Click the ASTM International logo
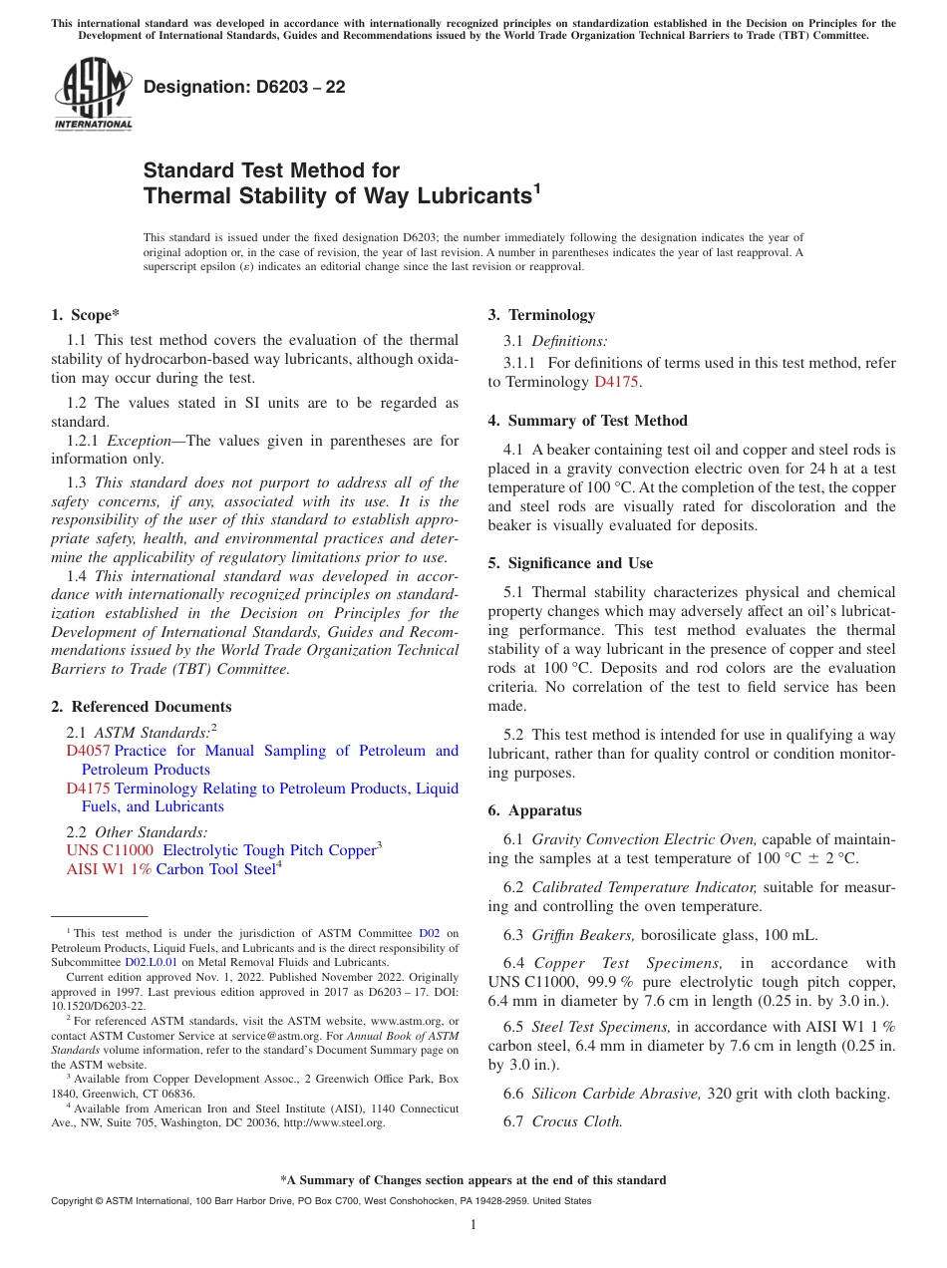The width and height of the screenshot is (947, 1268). [93, 94]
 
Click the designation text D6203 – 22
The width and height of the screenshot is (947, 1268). [244, 87]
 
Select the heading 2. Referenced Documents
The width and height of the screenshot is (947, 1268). [141, 707]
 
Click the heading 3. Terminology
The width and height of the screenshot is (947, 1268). [541, 315]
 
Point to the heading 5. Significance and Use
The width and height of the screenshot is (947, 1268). [570, 563]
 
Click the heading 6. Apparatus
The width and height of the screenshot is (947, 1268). [534, 810]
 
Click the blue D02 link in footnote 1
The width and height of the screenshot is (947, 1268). [429, 934]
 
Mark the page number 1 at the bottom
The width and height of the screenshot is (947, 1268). [473, 1225]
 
